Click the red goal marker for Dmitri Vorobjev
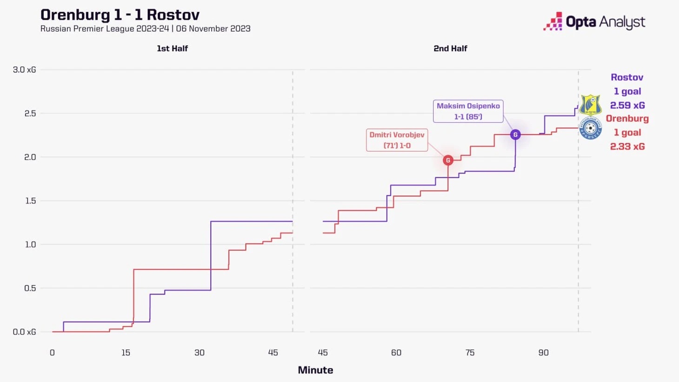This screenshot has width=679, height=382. coord(448,160)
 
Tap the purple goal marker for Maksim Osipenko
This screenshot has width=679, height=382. coord(515,134)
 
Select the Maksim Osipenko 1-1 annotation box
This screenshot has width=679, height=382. coord(468,111)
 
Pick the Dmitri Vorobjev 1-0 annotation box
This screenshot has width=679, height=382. coord(397,140)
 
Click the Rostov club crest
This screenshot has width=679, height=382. coord(590,105)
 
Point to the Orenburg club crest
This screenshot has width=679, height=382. coord(590,128)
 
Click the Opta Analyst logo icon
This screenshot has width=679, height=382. coord(553,22)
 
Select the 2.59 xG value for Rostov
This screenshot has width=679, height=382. coord(627,105)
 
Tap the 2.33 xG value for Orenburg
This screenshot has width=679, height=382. coord(627,146)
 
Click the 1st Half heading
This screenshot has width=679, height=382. coord(172,48)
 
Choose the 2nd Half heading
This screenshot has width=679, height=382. coord(450,48)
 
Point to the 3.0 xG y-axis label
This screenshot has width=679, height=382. coord(24,70)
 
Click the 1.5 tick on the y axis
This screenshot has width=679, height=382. coord(30,201)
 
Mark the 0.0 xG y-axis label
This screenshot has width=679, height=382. coord(24,332)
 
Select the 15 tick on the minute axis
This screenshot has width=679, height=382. coord(126,353)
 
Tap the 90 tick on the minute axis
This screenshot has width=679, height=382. coord(543,353)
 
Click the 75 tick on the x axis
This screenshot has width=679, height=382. coord(470,353)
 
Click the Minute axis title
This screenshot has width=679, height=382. coord(315,370)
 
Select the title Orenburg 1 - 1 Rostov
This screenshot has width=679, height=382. coord(120,14)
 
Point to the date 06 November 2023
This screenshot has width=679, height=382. coord(213,29)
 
